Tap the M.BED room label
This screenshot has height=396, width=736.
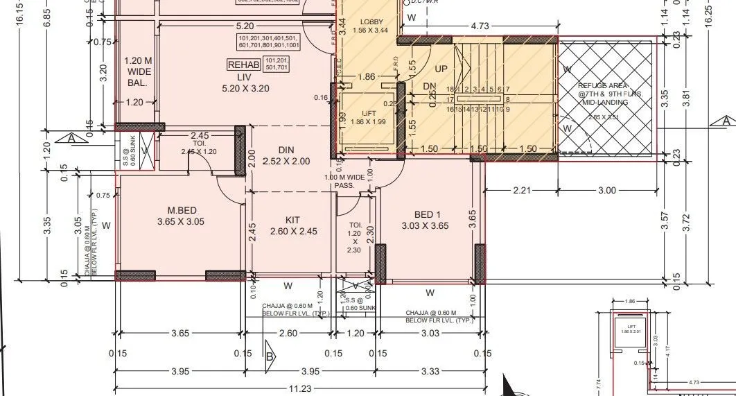tap(184, 211)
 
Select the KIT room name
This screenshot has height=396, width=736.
tap(292, 220)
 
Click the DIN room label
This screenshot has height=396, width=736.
tap(286, 150)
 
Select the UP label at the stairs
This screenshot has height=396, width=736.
tap(441, 69)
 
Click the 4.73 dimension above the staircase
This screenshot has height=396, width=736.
tap(480, 26)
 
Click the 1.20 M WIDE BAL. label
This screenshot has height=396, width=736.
tap(137, 71)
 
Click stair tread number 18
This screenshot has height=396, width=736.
tap(450, 89)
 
